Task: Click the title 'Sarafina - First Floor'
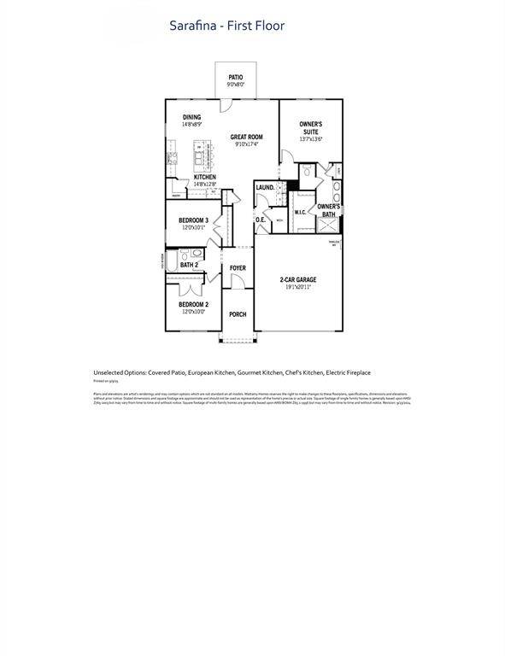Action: point(227,26)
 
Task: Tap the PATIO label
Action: point(236,78)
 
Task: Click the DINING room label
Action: point(192,118)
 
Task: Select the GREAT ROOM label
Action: point(246,137)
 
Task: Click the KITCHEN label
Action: point(204,177)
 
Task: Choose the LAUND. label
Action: point(265,187)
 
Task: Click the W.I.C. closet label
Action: point(301,212)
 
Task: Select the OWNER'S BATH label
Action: point(329,210)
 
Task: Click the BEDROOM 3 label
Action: point(193,220)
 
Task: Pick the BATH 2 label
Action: point(189,265)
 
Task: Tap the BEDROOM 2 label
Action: point(193,304)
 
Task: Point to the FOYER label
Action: point(238,268)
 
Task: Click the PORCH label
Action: point(238,314)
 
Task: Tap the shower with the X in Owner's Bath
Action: point(327,225)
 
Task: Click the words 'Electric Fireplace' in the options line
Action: point(348,372)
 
